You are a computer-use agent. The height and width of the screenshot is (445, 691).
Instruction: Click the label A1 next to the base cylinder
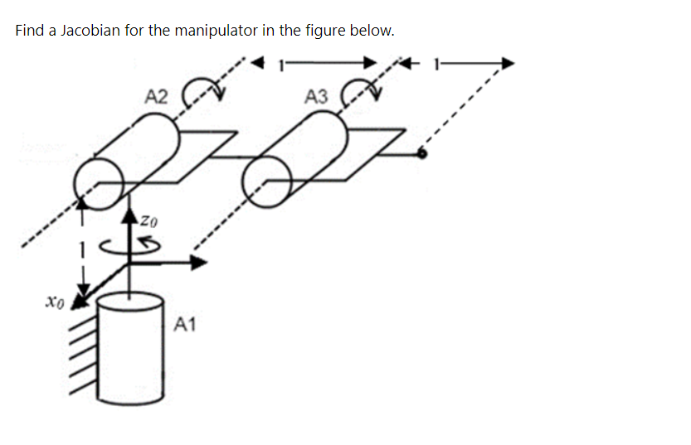pos(186,324)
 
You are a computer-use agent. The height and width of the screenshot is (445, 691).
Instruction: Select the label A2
pos(156,96)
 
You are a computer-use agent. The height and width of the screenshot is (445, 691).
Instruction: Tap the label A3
pos(316,97)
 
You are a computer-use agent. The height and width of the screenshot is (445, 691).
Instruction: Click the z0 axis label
pos(148,221)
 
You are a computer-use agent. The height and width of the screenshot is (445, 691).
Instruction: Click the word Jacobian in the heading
pos(91,31)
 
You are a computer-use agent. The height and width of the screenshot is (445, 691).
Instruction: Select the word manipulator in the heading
pos(216,31)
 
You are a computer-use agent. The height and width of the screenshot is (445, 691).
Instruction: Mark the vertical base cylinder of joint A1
pos(130,348)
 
